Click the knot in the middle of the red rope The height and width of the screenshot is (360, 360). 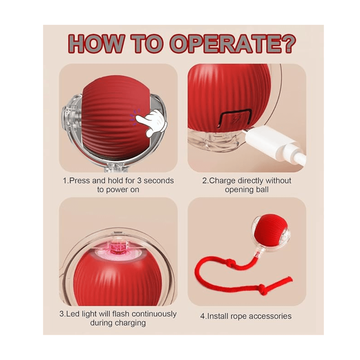coord(229,262)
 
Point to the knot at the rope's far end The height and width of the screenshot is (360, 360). coord(262,287)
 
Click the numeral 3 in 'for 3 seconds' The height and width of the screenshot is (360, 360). coord(139,181)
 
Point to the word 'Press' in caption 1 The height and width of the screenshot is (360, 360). coord(80,181)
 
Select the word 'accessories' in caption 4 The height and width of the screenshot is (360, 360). coord(270,316)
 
